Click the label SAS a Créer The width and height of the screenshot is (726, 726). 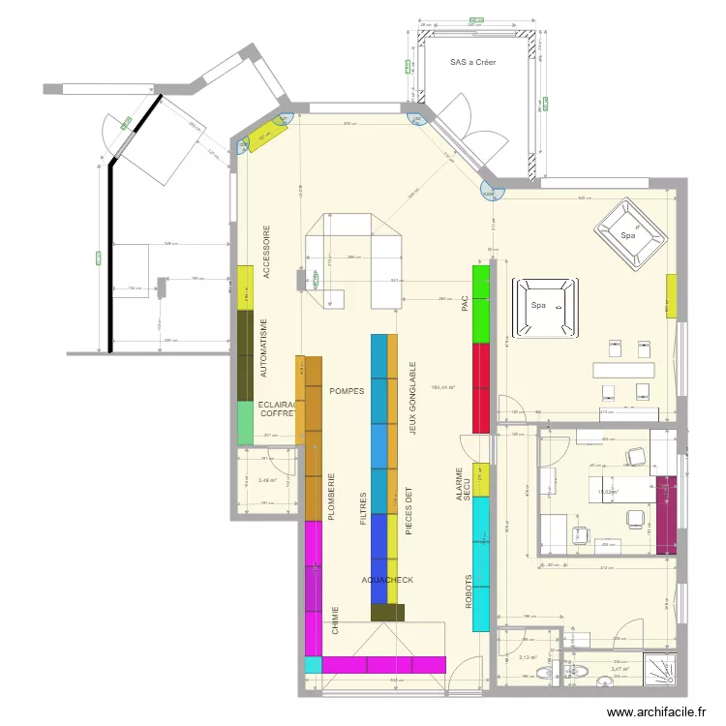(472, 62)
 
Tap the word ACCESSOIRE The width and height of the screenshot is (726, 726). (267, 254)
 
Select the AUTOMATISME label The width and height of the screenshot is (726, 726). (265, 348)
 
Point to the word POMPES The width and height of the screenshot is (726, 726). (347, 391)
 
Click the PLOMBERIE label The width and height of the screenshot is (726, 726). (331, 498)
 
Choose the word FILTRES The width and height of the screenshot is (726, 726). (363, 507)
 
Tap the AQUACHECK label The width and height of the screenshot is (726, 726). (387, 580)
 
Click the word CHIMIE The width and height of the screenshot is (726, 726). (335, 620)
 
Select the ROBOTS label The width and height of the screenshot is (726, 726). (468, 588)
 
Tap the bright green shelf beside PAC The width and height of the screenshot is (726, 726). (480, 303)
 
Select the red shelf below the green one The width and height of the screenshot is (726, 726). (480, 387)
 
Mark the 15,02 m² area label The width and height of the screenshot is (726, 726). (608, 491)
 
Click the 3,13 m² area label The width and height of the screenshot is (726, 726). (529, 657)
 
